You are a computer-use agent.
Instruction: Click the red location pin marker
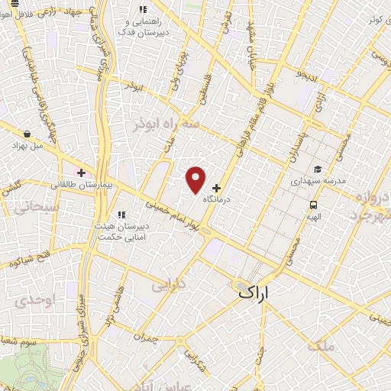tap(196, 179)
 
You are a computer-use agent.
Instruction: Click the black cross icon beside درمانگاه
tap(216, 187)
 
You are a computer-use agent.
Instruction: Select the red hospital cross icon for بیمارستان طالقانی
tap(81, 173)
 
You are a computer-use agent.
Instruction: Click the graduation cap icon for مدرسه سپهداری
tap(318, 170)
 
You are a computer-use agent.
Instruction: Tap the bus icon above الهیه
tap(313, 204)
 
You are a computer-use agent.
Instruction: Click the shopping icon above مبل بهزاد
tap(27, 133)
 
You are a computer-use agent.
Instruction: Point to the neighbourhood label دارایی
tap(169, 286)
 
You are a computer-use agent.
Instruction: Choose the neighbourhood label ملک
tap(321, 346)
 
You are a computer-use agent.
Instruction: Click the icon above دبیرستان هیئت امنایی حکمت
tap(120, 215)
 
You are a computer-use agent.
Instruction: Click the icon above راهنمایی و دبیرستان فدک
tap(142, 10)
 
